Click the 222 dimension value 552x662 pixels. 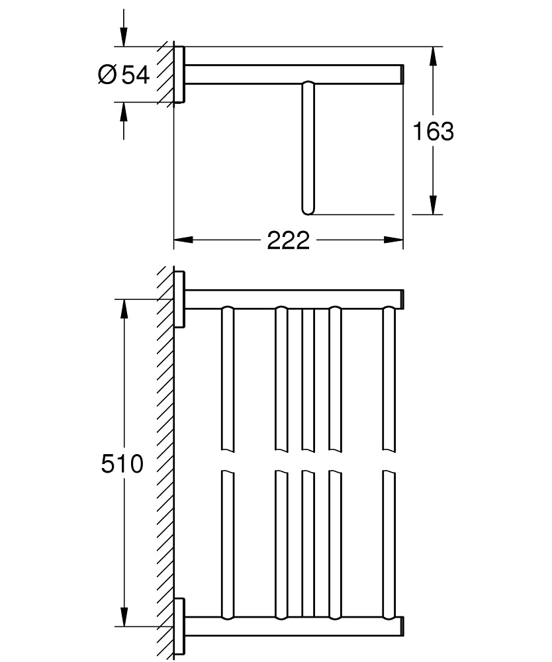pyautogui.click(x=288, y=240)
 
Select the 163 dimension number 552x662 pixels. pyautogui.click(x=433, y=131)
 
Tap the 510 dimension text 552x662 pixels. pyautogui.click(x=122, y=463)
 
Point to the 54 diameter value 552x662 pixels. pyautogui.click(x=136, y=75)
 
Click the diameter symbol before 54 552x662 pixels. pyautogui.click(x=107, y=75)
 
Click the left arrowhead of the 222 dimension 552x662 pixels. pyautogui.click(x=183, y=240)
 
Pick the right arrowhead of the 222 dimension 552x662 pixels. pyautogui.click(x=394, y=240)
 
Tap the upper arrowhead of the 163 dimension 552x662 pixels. pyautogui.click(x=433, y=56)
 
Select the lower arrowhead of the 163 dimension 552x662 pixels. pyautogui.click(x=433, y=205)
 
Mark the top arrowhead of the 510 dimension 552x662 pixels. pyautogui.click(x=124, y=309)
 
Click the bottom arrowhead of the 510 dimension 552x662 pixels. pyautogui.click(x=124, y=617)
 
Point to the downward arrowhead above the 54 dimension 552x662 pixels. pyautogui.click(x=124, y=36)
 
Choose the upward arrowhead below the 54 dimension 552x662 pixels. pyautogui.click(x=124, y=112)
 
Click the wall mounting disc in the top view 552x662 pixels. pyautogui.click(x=179, y=74)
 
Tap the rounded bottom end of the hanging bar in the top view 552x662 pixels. pyautogui.click(x=308, y=210)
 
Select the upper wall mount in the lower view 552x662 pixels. pyautogui.click(x=179, y=299)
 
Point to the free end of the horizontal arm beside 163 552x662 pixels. pyautogui.click(x=402, y=74)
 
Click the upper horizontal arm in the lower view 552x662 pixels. pyautogui.click(x=295, y=299)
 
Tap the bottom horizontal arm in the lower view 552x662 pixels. pyautogui.click(x=295, y=626)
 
